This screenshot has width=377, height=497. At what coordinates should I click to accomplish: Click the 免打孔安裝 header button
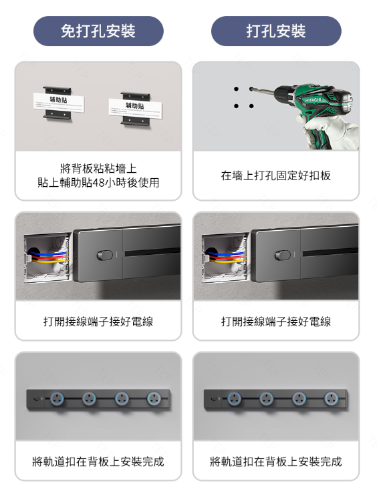[x=98, y=31]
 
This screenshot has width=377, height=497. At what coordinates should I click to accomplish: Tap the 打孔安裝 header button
[x=276, y=31]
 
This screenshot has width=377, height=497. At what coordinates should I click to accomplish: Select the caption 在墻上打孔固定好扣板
[x=276, y=175]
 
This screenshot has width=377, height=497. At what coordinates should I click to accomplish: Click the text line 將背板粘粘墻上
[x=98, y=168]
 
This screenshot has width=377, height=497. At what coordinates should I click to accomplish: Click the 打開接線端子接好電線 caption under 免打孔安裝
[x=98, y=322]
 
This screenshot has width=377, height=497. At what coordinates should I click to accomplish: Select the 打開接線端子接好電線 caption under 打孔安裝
[x=276, y=322]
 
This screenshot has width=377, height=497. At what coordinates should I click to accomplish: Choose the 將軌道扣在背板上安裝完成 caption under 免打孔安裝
[x=98, y=462]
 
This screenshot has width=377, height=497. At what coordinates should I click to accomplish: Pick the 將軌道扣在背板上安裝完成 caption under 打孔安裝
[x=276, y=462]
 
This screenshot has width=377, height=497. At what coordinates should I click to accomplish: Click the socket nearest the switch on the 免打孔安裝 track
[x=57, y=399]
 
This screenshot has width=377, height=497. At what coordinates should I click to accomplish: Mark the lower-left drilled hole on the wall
[x=236, y=105]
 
